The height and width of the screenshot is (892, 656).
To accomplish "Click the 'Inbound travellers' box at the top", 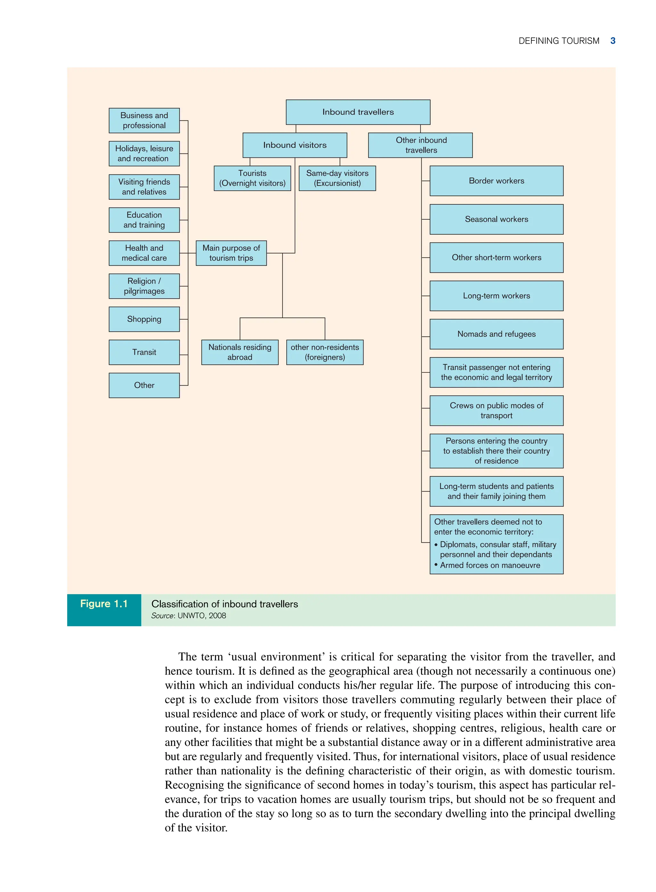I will pos(358,112).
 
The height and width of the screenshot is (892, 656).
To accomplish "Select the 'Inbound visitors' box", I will pos(295,145).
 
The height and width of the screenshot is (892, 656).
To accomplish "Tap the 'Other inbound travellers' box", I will pos(421,145).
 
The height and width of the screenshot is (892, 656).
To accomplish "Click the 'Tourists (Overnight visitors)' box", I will pos(252,178).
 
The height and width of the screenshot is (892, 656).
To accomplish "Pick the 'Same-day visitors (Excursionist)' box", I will pos(337,178).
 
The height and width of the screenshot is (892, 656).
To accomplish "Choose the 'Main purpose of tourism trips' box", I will pos(231,253).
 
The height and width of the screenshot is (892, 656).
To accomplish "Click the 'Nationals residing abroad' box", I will pos(240,352).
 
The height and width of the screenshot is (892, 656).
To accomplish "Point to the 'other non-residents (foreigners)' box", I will pos(324,352).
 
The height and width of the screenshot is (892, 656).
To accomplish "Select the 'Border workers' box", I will pos(496,181).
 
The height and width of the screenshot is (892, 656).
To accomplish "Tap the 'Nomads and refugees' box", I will pos(496,334).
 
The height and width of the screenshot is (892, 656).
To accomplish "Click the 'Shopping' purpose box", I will pos(144,319).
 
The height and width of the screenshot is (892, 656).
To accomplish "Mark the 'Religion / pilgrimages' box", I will pos(144,286).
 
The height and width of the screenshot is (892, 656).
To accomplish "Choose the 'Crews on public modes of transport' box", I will pos(496,411).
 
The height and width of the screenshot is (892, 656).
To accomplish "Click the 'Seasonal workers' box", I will pos(496,219).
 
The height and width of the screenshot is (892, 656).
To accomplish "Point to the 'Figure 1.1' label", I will pos(104,604).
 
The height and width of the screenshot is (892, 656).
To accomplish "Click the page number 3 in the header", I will pos(613,41).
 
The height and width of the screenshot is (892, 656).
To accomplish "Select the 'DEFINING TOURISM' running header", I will pos(559,41).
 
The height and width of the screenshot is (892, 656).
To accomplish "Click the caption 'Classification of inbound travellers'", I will pos(224,604).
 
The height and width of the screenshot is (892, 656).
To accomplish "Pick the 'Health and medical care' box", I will pos(144,253).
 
